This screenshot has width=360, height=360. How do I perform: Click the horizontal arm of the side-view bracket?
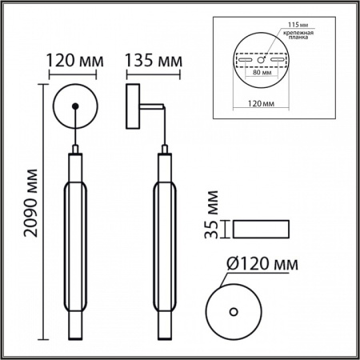point(150,104)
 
